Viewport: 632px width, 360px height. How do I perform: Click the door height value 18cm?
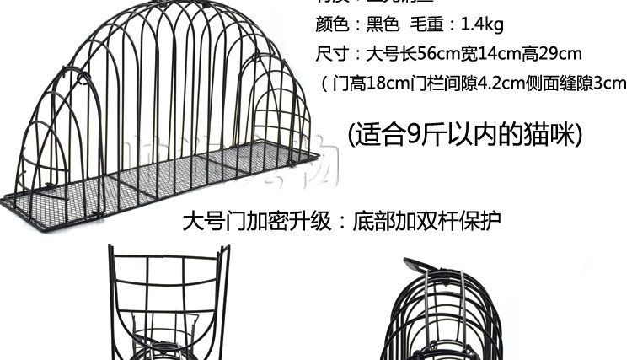[387, 83]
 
